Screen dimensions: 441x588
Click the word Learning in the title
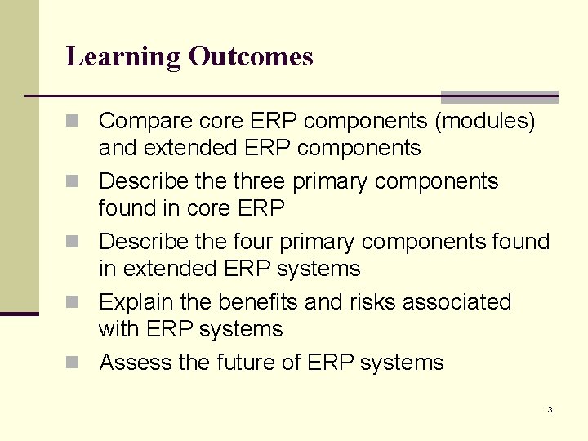(x=123, y=57)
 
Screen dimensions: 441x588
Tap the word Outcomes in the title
(x=251, y=56)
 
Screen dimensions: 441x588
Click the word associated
(x=463, y=302)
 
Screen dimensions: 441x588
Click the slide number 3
(x=550, y=409)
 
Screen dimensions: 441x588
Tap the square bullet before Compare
(x=75, y=122)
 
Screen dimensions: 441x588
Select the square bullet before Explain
(x=75, y=303)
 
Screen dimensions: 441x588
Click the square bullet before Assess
(x=75, y=363)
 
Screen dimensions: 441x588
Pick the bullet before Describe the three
(x=75, y=182)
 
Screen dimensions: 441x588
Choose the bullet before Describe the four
(x=75, y=243)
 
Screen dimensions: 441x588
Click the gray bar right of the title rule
(x=499, y=96)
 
